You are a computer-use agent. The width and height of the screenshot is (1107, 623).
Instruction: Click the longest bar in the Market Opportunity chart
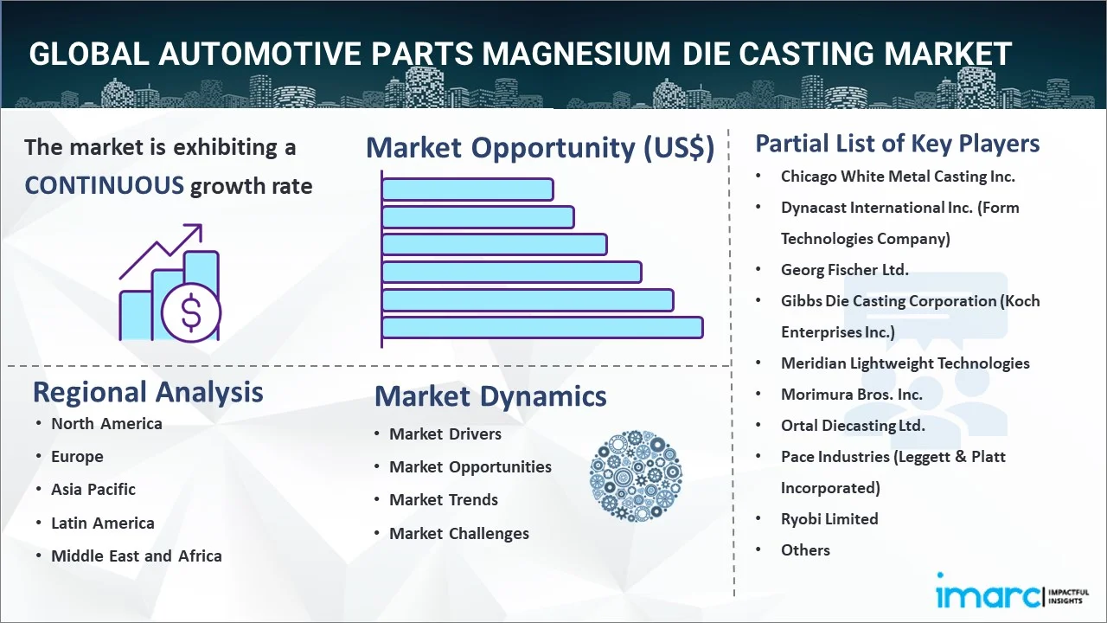click(x=541, y=327)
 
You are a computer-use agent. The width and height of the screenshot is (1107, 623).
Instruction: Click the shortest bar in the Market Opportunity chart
click(x=467, y=189)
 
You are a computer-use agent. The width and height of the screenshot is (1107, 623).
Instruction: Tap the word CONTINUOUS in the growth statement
click(x=104, y=185)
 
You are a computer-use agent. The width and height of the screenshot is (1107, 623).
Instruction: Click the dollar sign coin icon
click(x=191, y=312)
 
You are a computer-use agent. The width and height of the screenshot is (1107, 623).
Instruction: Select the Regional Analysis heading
click(x=148, y=392)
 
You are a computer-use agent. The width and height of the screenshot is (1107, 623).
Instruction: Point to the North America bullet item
click(x=106, y=423)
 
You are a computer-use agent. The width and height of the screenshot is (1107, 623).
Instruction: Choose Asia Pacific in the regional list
click(x=93, y=489)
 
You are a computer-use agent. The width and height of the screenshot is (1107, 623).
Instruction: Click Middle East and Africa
click(x=137, y=556)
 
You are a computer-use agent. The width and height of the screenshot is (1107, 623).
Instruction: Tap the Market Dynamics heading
click(x=490, y=396)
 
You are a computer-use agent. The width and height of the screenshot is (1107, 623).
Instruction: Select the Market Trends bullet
click(x=444, y=499)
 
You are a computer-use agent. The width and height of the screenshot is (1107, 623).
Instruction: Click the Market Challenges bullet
click(x=459, y=533)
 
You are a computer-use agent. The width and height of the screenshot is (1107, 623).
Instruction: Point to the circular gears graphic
click(x=636, y=475)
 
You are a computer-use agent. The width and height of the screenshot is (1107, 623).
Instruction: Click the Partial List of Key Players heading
click(x=898, y=144)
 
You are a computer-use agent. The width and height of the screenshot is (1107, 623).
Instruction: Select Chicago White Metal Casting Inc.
click(x=898, y=176)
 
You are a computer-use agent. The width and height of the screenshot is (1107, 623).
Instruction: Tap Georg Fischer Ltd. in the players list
click(x=844, y=269)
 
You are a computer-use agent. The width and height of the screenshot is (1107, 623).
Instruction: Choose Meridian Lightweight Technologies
click(x=905, y=363)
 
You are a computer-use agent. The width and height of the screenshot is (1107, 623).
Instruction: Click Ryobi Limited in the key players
click(x=829, y=518)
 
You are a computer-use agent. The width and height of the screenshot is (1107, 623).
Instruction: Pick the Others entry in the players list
click(x=805, y=549)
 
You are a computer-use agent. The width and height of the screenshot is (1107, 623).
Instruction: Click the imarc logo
click(x=986, y=594)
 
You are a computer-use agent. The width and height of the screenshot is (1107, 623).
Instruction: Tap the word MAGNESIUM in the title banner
click(x=575, y=54)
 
